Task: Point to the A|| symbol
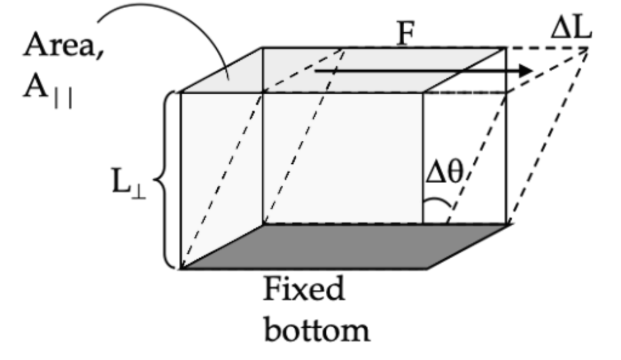(x=47, y=93)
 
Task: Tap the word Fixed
(x=304, y=290)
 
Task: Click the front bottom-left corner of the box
(x=181, y=269)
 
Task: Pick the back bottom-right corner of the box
(x=509, y=223)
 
